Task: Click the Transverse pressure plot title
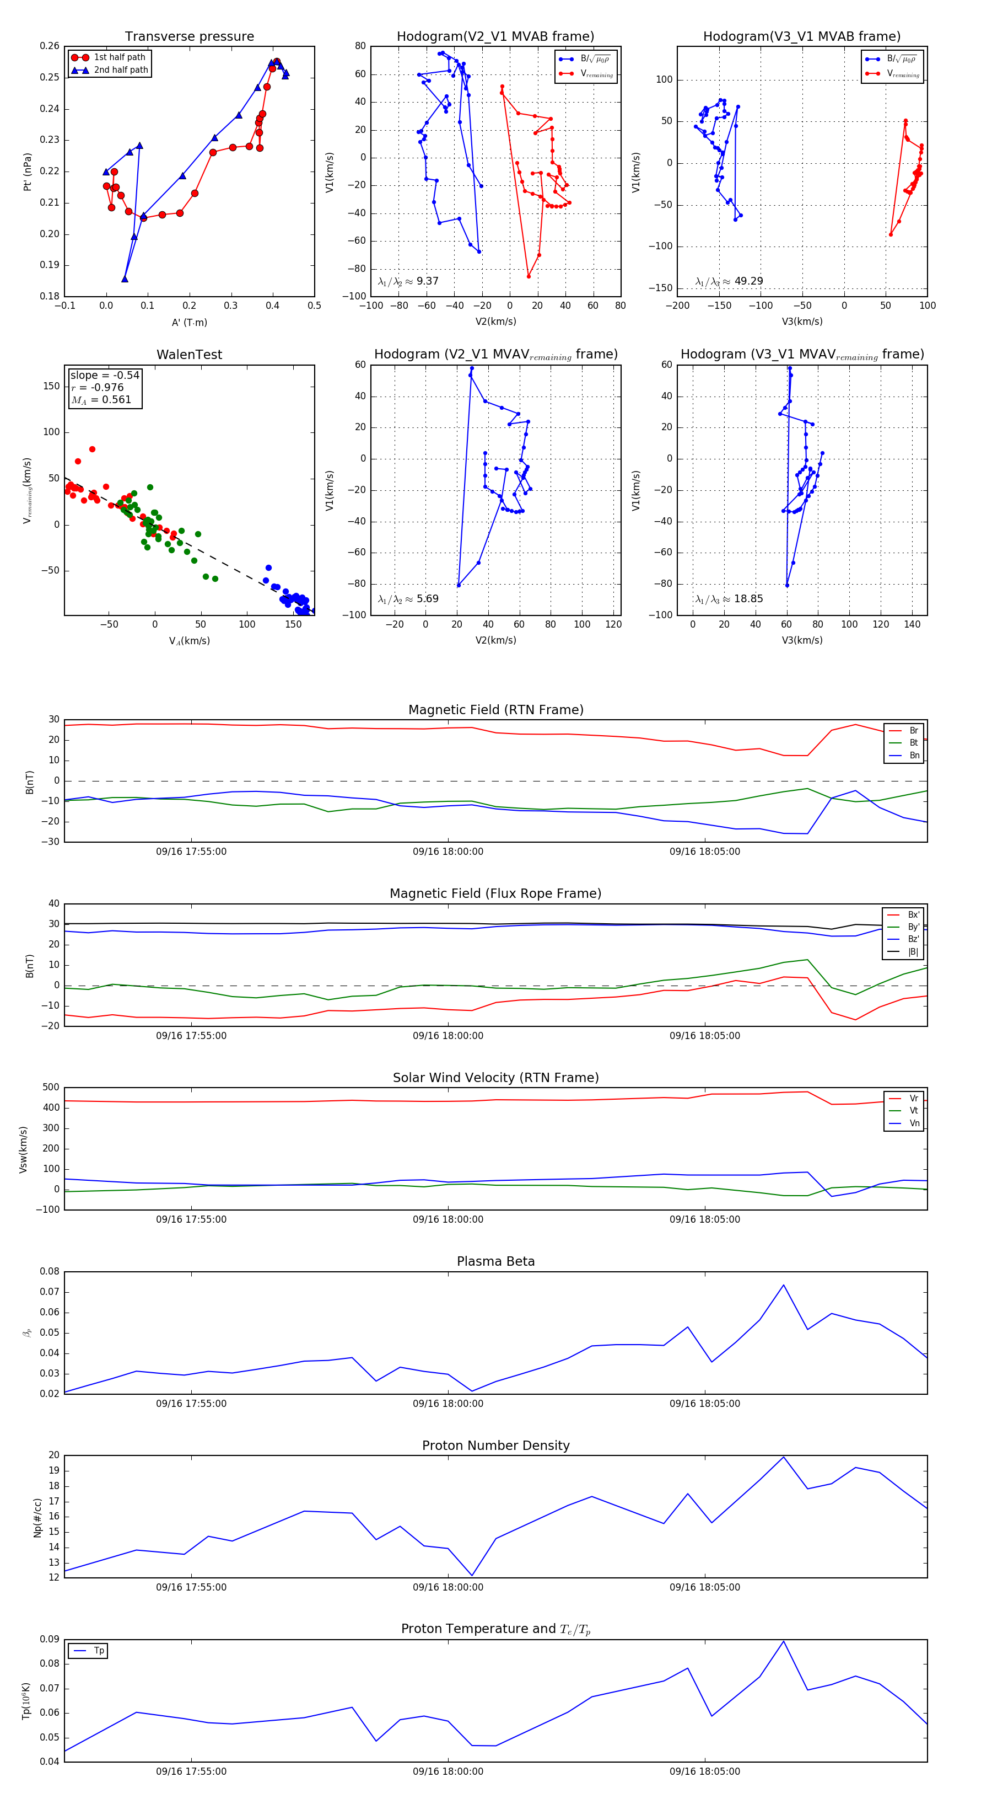(x=189, y=37)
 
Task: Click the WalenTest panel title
(x=189, y=355)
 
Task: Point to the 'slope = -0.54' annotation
(x=105, y=375)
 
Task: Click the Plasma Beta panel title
(x=495, y=1262)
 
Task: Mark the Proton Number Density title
(x=495, y=1446)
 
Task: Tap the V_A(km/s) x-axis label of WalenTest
(x=189, y=641)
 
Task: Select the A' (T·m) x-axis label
(x=189, y=323)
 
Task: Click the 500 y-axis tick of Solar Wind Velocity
(x=51, y=1088)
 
